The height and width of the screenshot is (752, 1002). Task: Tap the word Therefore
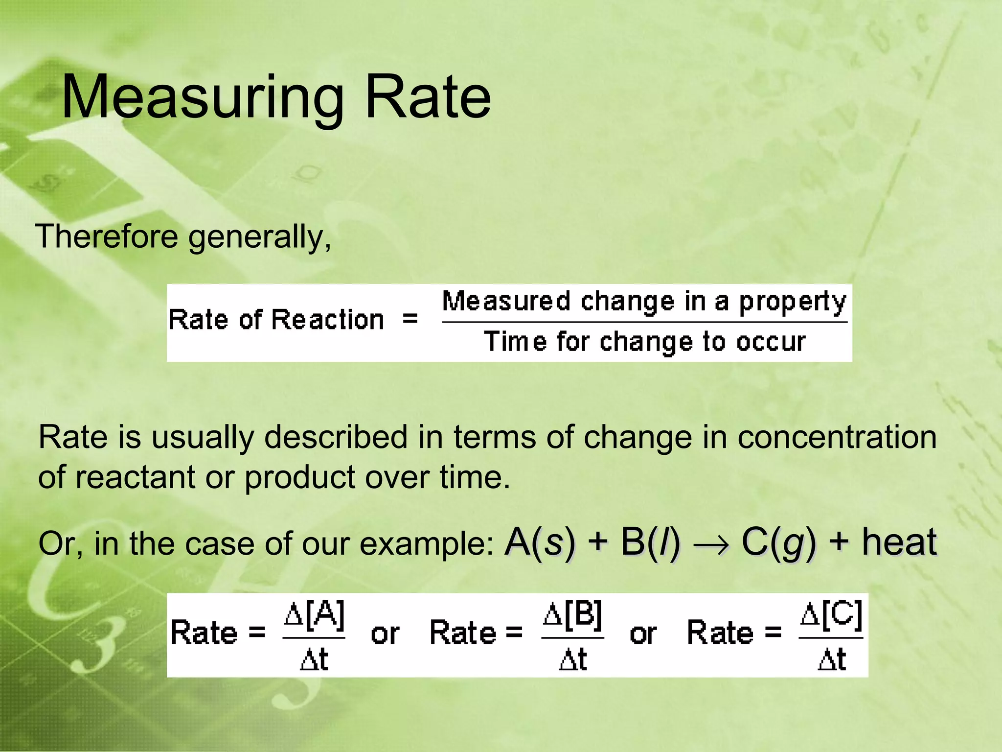point(107,236)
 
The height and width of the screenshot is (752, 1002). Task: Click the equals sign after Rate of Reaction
point(410,319)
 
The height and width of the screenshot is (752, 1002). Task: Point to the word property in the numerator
point(792,302)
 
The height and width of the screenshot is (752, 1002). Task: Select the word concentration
point(837,437)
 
